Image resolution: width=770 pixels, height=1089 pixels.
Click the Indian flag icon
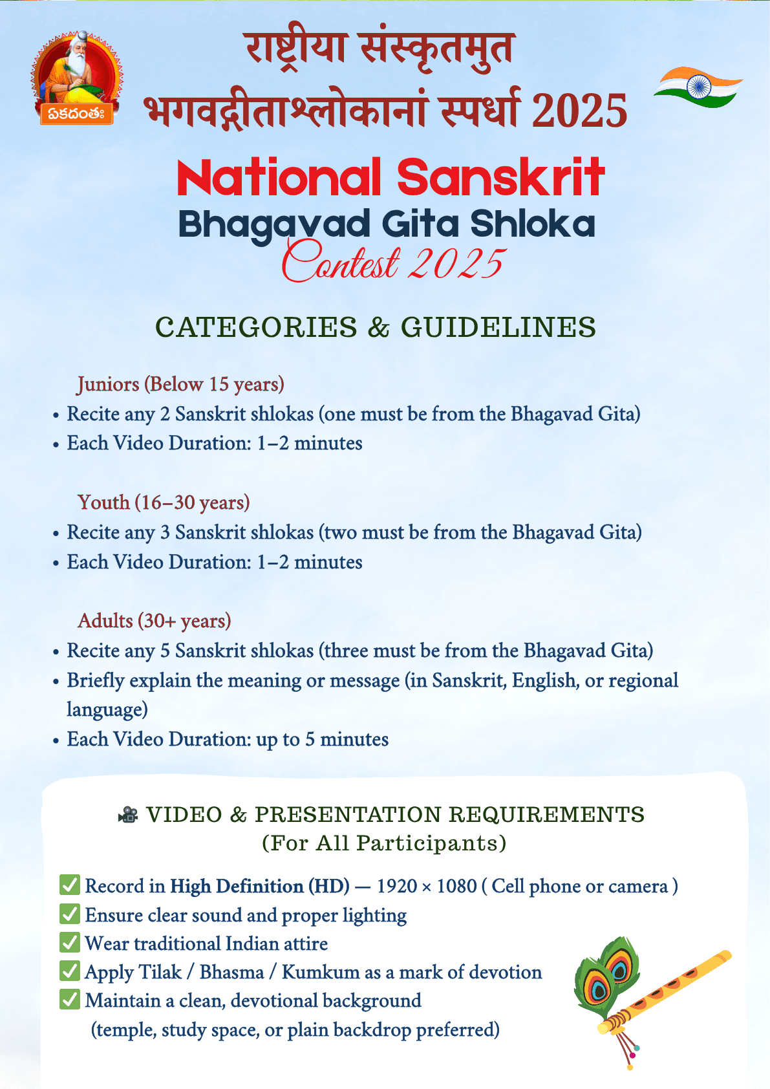(698, 87)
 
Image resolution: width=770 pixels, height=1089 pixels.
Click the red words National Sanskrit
(390, 177)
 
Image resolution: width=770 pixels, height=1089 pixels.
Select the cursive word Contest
(341, 262)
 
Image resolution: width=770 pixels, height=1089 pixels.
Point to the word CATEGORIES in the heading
(256, 327)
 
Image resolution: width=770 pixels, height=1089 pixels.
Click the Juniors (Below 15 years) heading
(181, 384)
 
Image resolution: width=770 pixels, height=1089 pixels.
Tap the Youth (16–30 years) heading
(164, 502)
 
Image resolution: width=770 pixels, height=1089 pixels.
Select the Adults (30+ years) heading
(155, 621)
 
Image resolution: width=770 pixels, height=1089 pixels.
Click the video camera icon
(129, 815)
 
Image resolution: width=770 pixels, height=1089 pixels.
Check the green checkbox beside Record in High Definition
(70, 885)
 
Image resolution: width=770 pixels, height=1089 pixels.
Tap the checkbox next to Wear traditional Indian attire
(70, 943)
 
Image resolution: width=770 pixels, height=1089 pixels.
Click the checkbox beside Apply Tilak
(70, 971)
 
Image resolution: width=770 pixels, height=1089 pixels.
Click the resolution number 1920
(396, 886)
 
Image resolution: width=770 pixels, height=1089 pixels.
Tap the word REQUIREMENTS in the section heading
(546, 815)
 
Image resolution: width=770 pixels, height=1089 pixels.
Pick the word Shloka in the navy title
(532, 224)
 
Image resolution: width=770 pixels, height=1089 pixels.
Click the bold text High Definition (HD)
(260, 886)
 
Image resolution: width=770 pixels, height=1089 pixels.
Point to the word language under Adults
(107, 710)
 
